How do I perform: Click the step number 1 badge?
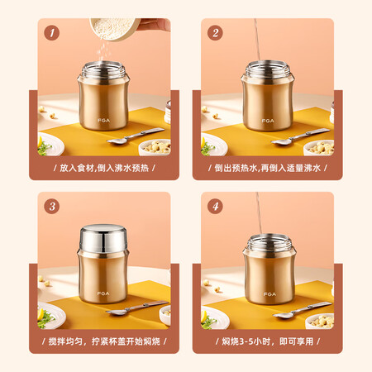pos(52,33)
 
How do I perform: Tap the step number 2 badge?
pos(215,33)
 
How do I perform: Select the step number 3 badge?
pos(52,206)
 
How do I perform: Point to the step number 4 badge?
pos(215,206)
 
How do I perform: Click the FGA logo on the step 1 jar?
pos(103,121)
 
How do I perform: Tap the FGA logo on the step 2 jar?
pos(268,121)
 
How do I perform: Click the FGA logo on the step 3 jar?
pos(103,293)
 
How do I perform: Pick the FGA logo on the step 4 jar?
pos(269,294)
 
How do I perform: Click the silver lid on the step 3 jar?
pos(103,238)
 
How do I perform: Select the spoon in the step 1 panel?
pos(135,136)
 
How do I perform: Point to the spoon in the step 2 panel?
pos(300,136)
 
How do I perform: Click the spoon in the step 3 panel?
pos(137,308)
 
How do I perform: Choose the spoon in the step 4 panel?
pos(303,310)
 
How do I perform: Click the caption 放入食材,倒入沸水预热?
pos(104,168)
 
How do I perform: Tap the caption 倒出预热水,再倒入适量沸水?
pos(268,168)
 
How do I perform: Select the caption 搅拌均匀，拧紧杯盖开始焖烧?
pos(104,341)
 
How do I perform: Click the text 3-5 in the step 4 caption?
pos(246,341)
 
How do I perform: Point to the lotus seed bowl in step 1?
pos(155,148)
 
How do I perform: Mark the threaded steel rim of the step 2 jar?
pos(267,69)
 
